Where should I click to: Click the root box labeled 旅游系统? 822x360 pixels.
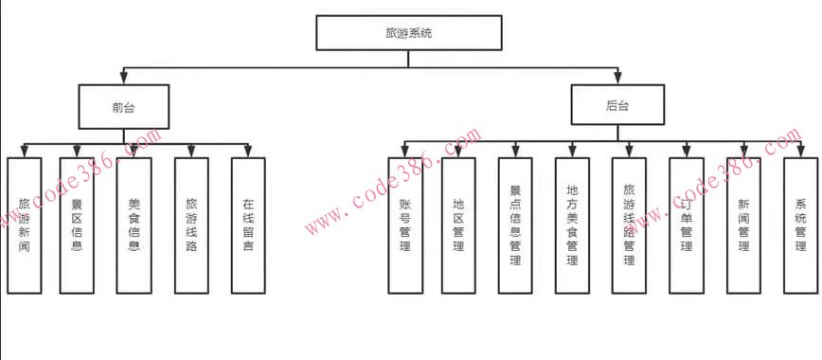pyautogui.click(x=409, y=33)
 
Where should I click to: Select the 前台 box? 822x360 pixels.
pyautogui.click(x=123, y=106)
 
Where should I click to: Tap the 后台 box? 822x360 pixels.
pyautogui.click(x=617, y=106)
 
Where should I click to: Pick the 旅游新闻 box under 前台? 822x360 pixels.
pyautogui.click(x=25, y=225)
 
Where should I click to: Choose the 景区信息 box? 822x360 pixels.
pyautogui.click(x=77, y=225)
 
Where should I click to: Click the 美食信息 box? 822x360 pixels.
pyautogui.click(x=134, y=225)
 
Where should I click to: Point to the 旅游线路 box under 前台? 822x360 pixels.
pyautogui.click(x=191, y=225)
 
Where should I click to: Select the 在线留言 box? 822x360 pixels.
pyautogui.click(x=248, y=225)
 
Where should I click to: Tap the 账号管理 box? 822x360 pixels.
pyautogui.click(x=405, y=225)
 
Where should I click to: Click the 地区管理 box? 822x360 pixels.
pyautogui.click(x=458, y=225)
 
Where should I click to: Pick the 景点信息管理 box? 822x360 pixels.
pyautogui.click(x=515, y=225)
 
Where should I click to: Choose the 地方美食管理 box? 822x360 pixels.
pyautogui.click(x=572, y=225)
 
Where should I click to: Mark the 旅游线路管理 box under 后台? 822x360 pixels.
pyautogui.click(x=629, y=225)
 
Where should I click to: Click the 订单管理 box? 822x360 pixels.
pyautogui.click(x=686, y=225)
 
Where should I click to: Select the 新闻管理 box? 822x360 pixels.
pyautogui.click(x=743, y=225)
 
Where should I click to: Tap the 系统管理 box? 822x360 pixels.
pyautogui.click(x=800, y=225)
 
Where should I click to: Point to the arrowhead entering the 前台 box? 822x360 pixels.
pyautogui.click(x=123, y=80)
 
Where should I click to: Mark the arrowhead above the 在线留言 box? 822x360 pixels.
pyautogui.click(x=248, y=152)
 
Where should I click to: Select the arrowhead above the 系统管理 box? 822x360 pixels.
pyautogui.click(x=800, y=152)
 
